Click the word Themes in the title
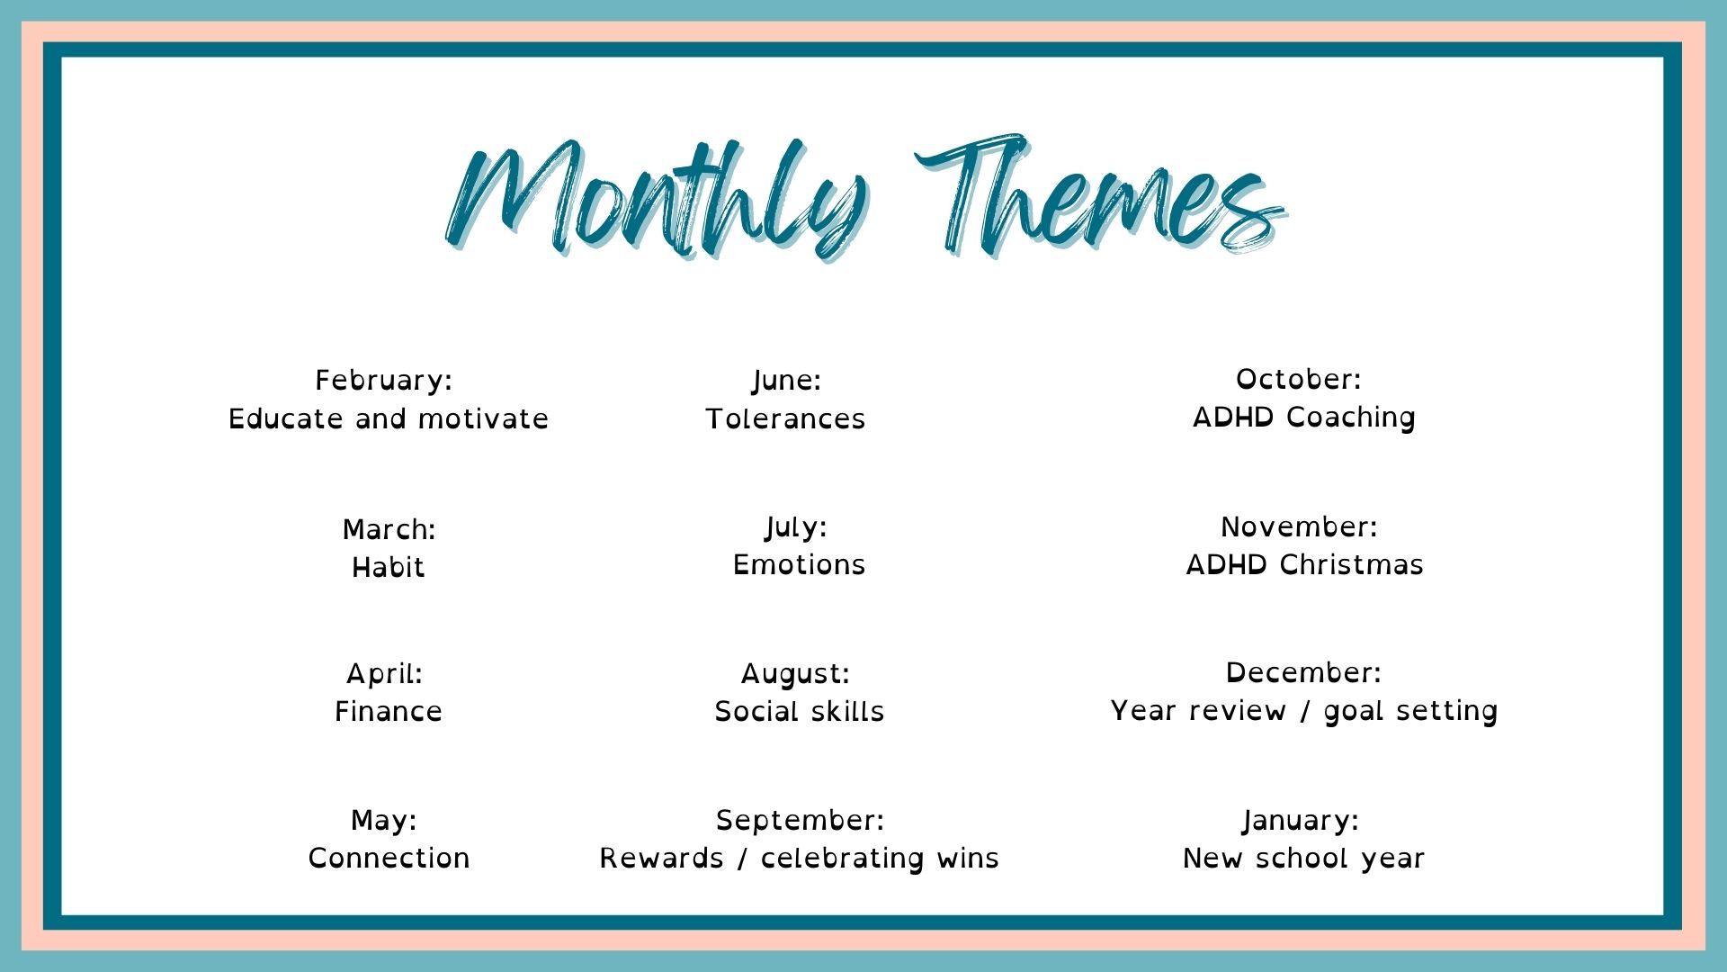coord(1102,193)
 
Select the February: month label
coord(384,382)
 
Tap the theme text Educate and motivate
coord(389,419)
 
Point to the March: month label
coord(389,530)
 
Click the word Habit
coord(389,568)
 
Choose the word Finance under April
coord(389,712)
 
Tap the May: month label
coord(384,822)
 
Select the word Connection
coord(389,859)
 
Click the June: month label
coord(787,382)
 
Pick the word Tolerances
coord(785,419)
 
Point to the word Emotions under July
coord(800,565)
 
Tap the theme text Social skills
coord(800,712)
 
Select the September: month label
coord(801,822)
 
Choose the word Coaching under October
coord(1351,418)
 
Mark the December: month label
coord(1303,673)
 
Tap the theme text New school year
coord(1304,859)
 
